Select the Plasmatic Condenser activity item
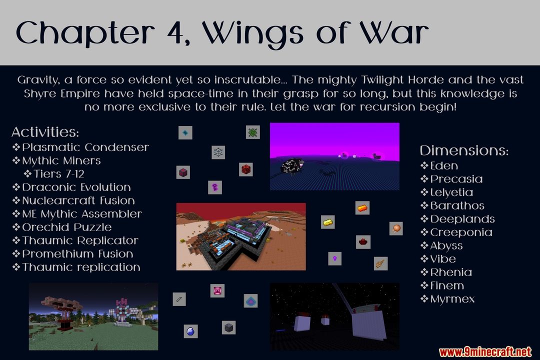click(85, 147)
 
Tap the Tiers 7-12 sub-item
click(59, 173)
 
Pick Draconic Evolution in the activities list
click(76, 187)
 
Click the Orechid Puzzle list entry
click(67, 227)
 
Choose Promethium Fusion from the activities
click(77, 254)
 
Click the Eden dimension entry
click(444, 165)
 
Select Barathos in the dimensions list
click(457, 205)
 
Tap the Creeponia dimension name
click(461, 232)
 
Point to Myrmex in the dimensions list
click(452, 299)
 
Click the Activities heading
click(45, 132)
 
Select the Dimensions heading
click(464, 150)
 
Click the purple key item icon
click(215, 187)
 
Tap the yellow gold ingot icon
click(327, 222)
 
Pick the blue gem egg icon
click(190, 331)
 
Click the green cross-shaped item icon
click(253, 132)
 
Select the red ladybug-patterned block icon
click(245, 169)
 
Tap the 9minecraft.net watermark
click(485, 351)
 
